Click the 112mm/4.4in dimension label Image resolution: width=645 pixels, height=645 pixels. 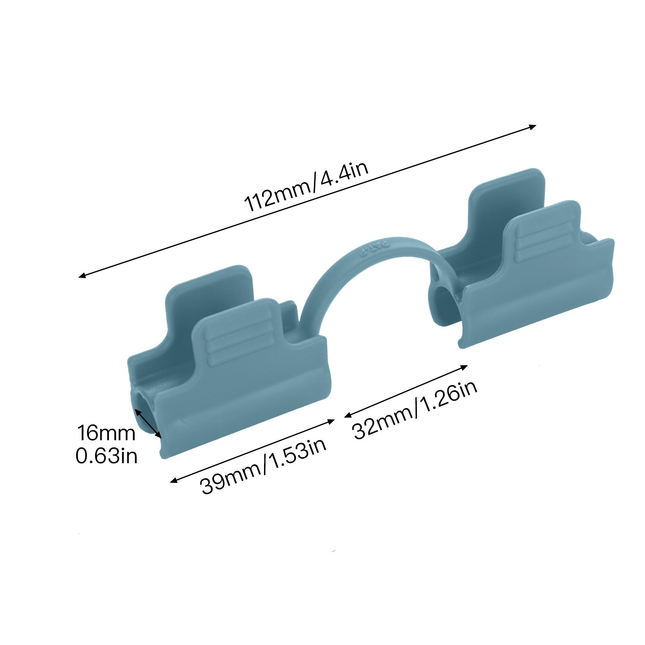pyautogui.click(x=306, y=187)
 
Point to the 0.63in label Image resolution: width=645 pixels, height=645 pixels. pyautogui.click(x=106, y=456)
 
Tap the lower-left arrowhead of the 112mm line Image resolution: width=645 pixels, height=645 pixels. pyautogui.click(x=82, y=275)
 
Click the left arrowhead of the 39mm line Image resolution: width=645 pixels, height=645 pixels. pyautogui.click(x=174, y=480)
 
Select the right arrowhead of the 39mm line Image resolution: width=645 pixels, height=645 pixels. pyautogui.click(x=332, y=421)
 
